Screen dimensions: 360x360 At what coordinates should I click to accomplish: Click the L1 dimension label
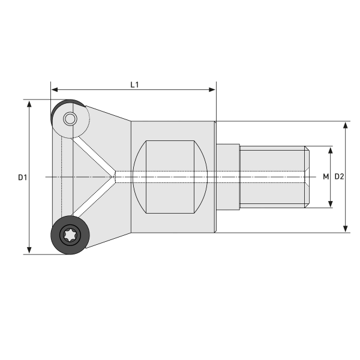(135, 85)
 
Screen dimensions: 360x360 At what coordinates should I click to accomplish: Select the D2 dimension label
(339, 176)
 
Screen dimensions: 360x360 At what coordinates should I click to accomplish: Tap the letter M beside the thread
(326, 176)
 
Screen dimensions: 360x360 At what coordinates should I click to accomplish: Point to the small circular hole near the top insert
(70, 119)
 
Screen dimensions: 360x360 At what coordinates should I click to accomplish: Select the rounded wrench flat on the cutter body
(171, 176)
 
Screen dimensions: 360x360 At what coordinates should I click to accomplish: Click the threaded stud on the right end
(273, 176)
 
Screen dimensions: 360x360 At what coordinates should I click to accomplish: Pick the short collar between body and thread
(227, 176)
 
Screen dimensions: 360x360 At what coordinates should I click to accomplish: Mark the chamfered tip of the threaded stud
(308, 176)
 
